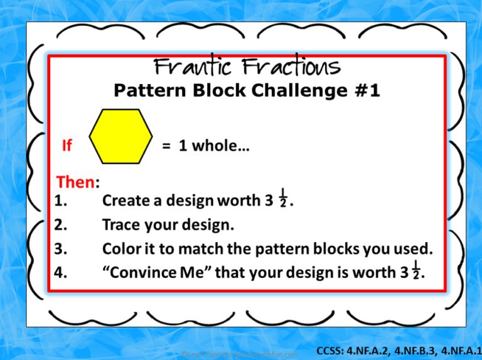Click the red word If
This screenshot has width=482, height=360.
67,147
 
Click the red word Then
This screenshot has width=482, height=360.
75,183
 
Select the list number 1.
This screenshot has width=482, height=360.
61,201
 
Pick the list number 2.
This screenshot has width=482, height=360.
61,225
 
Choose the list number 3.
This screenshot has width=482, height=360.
61,249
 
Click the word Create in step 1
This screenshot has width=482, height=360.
124,201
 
